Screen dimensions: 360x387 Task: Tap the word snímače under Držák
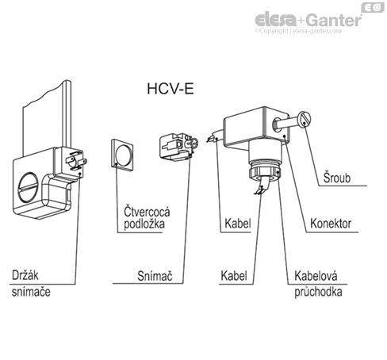pos(35,291)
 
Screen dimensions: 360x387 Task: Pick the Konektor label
pos(332,224)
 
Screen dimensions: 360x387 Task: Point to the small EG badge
pos(371,8)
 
